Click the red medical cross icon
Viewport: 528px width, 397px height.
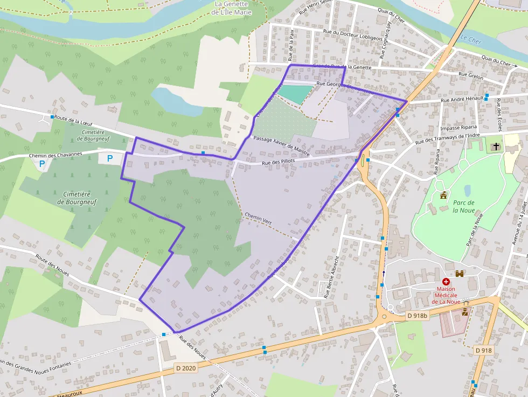click(446, 282)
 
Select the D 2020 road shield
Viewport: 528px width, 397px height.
click(185, 368)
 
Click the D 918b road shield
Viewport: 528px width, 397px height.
click(417, 316)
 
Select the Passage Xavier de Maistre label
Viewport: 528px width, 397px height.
click(281, 146)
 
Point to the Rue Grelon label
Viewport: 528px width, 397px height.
click(470, 76)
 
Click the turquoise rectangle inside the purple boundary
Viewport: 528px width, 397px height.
click(294, 94)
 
